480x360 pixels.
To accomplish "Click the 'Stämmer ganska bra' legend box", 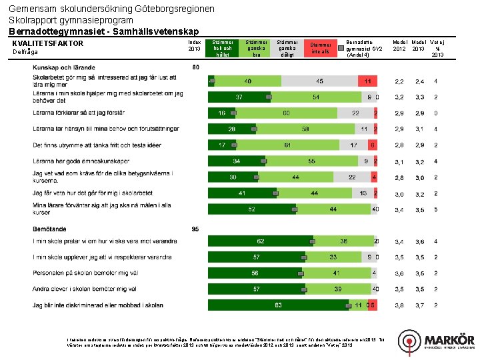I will (x=255, y=48).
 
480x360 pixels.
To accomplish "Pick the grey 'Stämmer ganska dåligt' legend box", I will (x=287, y=48).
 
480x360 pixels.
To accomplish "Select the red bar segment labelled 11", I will (x=366, y=81).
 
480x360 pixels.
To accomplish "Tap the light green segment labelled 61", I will (x=287, y=145).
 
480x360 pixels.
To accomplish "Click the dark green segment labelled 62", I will (x=261, y=241).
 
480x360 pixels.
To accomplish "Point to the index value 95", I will (x=195, y=229).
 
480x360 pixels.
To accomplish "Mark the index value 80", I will (x=195, y=67).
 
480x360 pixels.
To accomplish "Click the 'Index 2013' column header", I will (x=195, y=45).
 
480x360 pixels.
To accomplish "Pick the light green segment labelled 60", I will (x=286, y=113).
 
